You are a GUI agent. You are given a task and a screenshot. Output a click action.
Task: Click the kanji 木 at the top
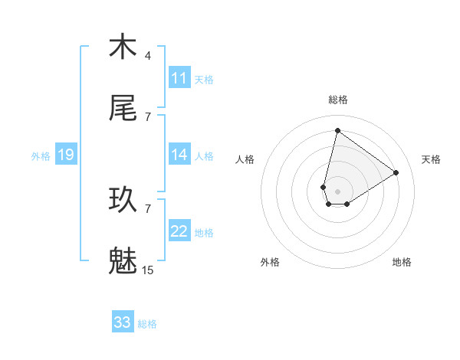pos(123,47)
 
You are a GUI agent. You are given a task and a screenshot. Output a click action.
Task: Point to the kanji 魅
pos(123,261)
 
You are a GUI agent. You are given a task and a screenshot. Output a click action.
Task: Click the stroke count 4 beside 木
pos(148,56)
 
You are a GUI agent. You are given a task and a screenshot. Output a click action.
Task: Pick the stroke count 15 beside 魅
pos(148,270)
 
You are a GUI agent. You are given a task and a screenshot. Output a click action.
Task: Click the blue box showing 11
pos(179,78)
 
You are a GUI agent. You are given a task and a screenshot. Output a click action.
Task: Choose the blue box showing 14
pos(179,155)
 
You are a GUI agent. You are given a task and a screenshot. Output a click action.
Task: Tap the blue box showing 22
pos(179,231)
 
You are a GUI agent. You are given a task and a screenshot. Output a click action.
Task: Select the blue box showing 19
pos(66,155)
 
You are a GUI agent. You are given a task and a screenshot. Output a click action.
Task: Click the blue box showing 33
pos(123,322)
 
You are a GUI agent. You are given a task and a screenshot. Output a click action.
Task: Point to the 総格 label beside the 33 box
pos(147,324)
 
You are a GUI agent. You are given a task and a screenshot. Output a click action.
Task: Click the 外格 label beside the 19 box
pos(41,156)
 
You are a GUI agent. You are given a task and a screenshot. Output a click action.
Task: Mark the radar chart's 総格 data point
pos(337,130)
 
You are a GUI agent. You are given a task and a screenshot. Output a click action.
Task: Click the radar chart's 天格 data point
pos(396,172)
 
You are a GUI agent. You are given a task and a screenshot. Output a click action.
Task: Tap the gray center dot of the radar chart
pos(337,191)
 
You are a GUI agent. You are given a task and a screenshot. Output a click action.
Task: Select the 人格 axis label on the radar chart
pos(245,159)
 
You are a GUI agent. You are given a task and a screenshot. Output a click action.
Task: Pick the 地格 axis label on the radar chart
pos(402,262)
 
